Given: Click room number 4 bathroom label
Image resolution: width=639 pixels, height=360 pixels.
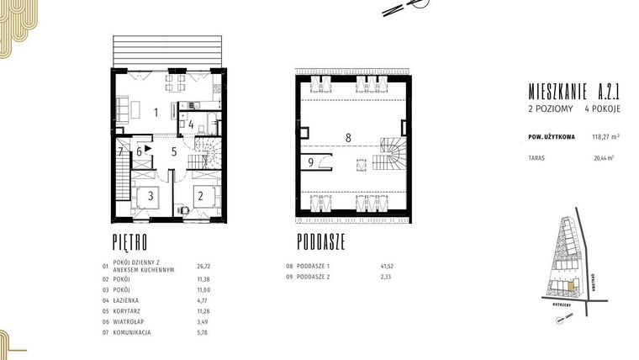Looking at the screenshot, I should coord(192,125).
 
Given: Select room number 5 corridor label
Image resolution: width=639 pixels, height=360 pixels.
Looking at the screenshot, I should coord(174,151).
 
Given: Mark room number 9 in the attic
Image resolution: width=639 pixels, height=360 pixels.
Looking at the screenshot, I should coord(310,162).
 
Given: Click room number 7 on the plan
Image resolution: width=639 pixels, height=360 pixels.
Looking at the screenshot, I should coord(121,152).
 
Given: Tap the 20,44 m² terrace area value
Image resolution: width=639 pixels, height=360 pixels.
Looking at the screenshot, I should coord(604,157).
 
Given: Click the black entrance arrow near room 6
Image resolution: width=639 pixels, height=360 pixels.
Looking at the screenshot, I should coord(148,148).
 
